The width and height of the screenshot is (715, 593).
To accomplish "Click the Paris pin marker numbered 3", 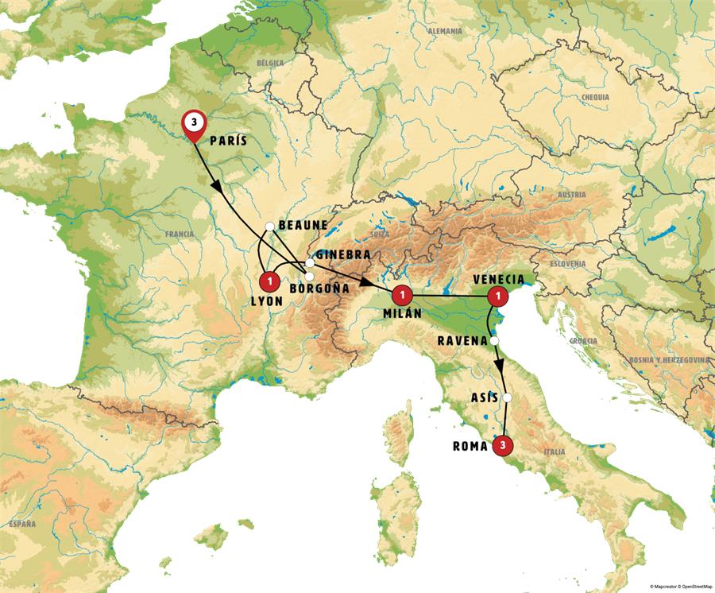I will pyautogui.click(x=194, y=124).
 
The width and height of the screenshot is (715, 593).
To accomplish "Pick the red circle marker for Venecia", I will pyautogui.click(x=498, y=296).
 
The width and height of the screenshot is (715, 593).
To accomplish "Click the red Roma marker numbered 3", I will pyautogui.click(x=501, y=446).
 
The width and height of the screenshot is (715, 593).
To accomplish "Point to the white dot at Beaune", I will pyautogui.click(x=270, y=227).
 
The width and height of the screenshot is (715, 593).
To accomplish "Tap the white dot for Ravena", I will pyautogui.click(x=495, y=341).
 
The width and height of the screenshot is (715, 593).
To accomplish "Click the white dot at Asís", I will pyautogui.click(x=507, y=398).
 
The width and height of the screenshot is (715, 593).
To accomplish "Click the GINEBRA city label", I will pyautogui.click(x=343, y=254).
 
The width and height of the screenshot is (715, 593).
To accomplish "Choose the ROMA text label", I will pyautogui.click(x=470, y=447).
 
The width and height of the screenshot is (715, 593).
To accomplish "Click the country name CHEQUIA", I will pyautogui.click(x=595, y=97).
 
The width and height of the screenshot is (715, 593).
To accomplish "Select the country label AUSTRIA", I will pyautogui.click(x=571, y=195).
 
